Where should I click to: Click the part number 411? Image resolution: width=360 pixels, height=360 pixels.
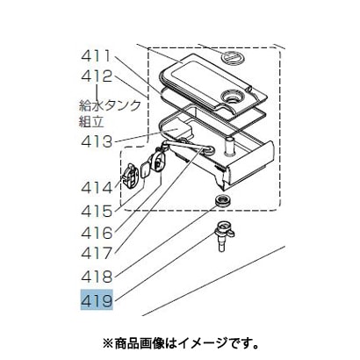pyautogui.click(x=96, y=56)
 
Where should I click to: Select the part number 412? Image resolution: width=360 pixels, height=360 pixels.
pyautogui.click(x=97, y=76)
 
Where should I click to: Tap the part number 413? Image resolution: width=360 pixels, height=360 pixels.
pyautogui.click(x=97, y=142)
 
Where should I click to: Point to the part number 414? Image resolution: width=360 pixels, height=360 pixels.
pyautogui.click(x=97, y=188)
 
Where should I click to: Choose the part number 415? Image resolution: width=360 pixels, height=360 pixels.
pyautogui.click(x=97, y=211)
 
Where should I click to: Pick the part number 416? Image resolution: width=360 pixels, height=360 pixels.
pyautogui.click(x=97, y=233)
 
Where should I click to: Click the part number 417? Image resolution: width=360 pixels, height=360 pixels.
pyautogui.click(x=97, y=253)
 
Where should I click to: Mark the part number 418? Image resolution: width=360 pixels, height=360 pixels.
pyautogui.click(x=97, y=277)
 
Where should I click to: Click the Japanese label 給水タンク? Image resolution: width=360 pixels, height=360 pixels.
pyautogui.click(x=110, y=105)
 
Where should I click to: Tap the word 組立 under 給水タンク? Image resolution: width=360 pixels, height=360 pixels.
pyautogui.click(x=91, y=121)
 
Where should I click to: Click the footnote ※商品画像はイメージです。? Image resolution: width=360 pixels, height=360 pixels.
pyautogui.click(x=180, y=342)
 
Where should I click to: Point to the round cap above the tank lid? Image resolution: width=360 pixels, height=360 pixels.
pyautogui.click(x=234, y=56)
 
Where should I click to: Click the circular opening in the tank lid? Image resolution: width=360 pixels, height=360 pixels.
pyautogui.click(x=233, y=96)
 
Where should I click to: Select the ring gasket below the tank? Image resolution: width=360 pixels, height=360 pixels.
pyautogui.click(x=222, y=199)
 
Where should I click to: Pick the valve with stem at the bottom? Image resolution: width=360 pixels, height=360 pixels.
pyautogui.click(x=224, y=235)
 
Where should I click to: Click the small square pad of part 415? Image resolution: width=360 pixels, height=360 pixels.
pyautogui.click(x=145, y=170)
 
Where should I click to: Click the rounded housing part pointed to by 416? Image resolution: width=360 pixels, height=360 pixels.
pyautogui.click(x=157, y=162)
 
